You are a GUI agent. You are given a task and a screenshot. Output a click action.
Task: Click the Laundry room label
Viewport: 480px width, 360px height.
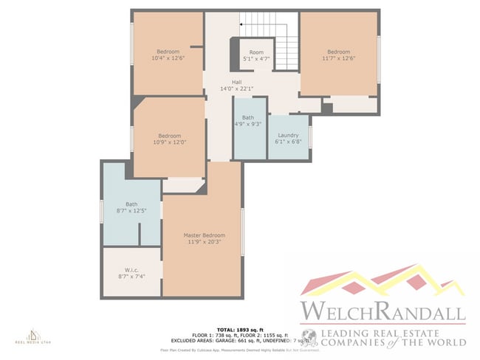click(288, 136)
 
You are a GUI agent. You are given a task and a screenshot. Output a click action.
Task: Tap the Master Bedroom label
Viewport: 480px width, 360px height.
click(205, 235)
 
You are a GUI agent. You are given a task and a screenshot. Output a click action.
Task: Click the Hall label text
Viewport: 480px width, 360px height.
click(236, 82)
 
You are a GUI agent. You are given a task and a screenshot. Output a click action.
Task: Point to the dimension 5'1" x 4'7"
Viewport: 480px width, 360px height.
click(256, 59)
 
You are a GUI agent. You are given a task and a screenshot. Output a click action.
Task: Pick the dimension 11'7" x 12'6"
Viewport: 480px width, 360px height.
click(338, 58)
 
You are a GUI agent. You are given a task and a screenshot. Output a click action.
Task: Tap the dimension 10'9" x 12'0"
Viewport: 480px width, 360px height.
click(169, 142)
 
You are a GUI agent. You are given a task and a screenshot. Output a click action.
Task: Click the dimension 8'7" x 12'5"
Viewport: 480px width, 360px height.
click(131, 211)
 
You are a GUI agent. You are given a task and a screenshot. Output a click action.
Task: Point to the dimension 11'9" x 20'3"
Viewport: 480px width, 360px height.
click(205, 241)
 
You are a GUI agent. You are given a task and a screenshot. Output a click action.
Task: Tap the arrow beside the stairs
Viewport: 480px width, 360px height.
click(241, 24)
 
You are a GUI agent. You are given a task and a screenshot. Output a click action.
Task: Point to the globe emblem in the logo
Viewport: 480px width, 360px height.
click(312, 338)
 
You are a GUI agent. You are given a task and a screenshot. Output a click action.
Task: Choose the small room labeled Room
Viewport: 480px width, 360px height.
click(256, 52)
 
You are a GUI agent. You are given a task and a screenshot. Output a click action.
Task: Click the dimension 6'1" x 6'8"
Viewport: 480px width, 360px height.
click(288, 142)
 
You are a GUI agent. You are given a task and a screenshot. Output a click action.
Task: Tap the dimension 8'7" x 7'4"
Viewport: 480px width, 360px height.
click(133, 275)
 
